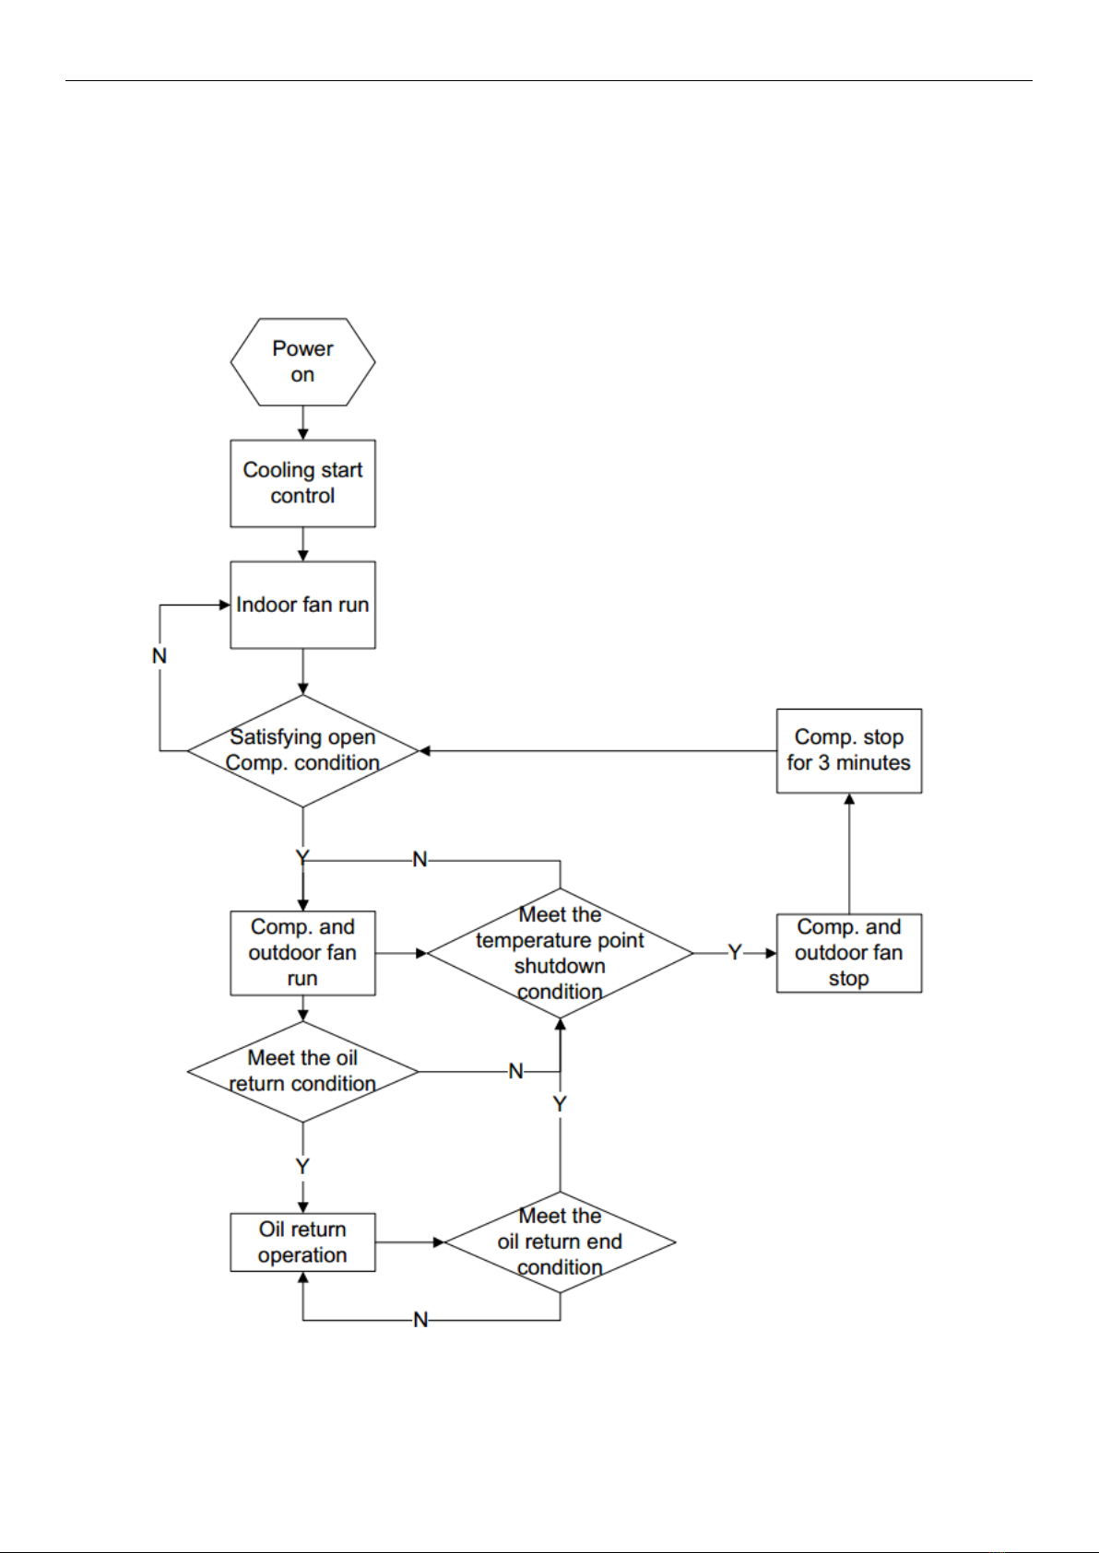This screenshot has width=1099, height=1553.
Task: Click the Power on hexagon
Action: coord(303,362)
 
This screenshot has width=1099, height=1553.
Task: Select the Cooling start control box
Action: coord(303,483)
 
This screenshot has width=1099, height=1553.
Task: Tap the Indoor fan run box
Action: coord(303,606)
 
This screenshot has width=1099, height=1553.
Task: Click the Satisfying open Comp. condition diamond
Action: coord(303,751)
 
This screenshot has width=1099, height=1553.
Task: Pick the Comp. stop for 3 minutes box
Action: coord(849,751)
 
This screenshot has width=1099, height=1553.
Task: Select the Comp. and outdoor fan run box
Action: coord(303,953)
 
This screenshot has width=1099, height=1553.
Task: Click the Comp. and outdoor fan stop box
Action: coord(849,953)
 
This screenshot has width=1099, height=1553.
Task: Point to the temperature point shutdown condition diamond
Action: coord(561,953)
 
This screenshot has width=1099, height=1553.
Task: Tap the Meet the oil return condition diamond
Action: coord(303,1072)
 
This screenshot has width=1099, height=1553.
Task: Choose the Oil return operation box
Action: coord(303,1242)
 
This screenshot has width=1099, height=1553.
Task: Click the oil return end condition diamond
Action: coord(561,1242)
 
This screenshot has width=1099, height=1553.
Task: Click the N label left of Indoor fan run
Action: coord(160,656)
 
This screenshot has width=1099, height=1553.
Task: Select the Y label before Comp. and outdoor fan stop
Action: coord(735,953)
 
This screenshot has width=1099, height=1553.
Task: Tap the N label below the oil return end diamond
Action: coord(420,1320)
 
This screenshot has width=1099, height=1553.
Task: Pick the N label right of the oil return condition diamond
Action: coord(515,1072)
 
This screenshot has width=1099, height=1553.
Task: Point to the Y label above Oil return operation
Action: coord(302,1166)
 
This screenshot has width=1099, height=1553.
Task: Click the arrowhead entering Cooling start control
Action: coord(303,434)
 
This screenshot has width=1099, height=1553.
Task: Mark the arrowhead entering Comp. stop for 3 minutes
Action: coord(849,799)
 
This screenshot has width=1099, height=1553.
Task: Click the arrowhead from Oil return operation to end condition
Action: coord(438,1242)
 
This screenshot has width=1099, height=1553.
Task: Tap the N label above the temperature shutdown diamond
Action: coord(420,860)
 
